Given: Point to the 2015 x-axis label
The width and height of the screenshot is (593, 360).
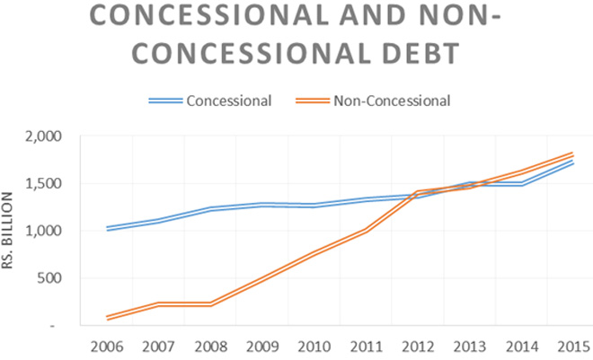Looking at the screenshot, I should pyautogui.click(x=572, y=346).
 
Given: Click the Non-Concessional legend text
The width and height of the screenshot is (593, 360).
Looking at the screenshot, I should pyautogui.click(x=392, y=100).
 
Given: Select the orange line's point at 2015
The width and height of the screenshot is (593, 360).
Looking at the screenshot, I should pyautogui.click(x=572, y=155).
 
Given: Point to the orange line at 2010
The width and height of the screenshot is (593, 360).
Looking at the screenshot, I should pyautogui.click(x=312, y=256).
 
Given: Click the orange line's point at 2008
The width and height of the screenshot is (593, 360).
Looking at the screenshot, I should pyautogui.click(x=210, y=304).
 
